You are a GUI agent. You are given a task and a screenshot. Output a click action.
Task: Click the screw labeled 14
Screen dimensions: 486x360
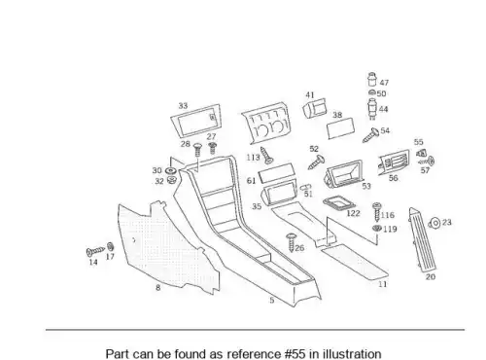coord(95,251)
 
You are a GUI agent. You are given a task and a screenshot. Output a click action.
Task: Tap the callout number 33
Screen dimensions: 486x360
coord(183,106)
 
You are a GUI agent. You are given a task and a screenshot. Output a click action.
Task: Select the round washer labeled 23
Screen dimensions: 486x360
coord(434,223)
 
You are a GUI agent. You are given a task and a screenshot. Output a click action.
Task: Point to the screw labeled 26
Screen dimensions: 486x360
coord(291,242)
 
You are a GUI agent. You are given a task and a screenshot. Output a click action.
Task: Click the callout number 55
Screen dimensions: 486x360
coord(419,142)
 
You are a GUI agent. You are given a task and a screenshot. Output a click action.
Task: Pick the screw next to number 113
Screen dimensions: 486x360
coord(266,156)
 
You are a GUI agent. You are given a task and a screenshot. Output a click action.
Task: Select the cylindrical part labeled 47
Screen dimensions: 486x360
coord(372,79)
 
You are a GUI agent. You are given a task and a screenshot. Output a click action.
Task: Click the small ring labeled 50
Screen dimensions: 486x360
coord(372,93)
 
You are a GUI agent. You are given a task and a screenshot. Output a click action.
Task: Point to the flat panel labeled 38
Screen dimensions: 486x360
coord(340,128)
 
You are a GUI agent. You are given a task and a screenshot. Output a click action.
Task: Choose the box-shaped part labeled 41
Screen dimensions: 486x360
coord(315,108)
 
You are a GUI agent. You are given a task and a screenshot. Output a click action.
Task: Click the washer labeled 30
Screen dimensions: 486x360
coord(170,170)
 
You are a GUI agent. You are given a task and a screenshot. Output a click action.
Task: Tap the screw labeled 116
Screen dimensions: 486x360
coord(376,212)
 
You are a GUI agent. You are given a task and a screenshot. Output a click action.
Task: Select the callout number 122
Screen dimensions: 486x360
coord(353,213)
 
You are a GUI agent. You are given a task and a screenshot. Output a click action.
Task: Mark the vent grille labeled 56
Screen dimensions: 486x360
coord(394,162)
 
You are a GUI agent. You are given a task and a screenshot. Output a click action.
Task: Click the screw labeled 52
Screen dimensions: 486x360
coord(316,162)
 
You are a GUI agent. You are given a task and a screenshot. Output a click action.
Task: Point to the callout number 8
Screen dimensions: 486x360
coord(158,288)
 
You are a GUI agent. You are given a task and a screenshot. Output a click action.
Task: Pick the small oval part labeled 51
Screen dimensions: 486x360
coord(305,188)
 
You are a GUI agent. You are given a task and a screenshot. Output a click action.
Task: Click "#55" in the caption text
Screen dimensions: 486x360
coord(295,354)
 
